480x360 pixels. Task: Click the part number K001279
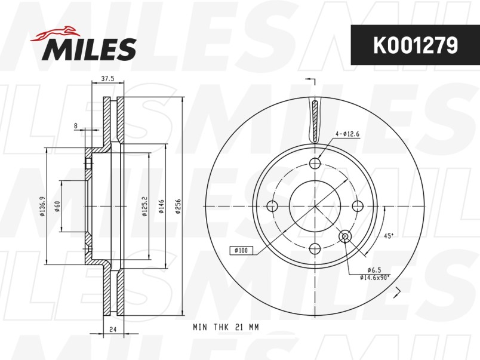click(x=415, y=45)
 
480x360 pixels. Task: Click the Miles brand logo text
click(x=89, y=48)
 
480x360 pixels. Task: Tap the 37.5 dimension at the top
click(x=107, y=78)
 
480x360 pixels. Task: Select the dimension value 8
click(x=75, y=125)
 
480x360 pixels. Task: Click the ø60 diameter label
click(x=57, y=206)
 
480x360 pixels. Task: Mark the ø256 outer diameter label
click(x=177, y=206)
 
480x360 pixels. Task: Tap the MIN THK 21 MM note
click(x=227, y=327)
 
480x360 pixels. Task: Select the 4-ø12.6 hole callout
click(x=347, y=134)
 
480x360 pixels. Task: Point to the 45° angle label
click(x=388, y=236)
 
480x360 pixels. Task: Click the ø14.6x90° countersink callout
click(x=375, y=277)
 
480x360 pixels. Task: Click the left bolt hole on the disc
click(x=273, y=206)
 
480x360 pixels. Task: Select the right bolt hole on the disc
click(x=358, y=206)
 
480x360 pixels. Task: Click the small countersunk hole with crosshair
click(x=344, y=237)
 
